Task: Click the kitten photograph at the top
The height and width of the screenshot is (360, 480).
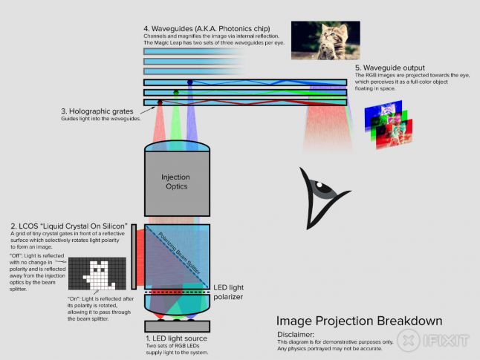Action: [x=325, y=40]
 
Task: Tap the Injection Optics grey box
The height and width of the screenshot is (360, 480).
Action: [x=178, y=184]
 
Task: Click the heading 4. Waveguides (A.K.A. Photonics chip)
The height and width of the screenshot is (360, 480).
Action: [x=207, y=29]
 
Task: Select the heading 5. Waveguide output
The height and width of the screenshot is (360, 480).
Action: [x=390, y=68]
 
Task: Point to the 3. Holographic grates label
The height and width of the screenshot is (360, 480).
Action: [x=97, y=111]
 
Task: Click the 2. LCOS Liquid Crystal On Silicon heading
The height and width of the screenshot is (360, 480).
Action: [x=69, y=226]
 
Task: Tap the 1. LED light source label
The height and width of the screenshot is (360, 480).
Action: [x=177, y=338]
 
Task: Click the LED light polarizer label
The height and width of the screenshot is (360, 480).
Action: [x=228, y=292]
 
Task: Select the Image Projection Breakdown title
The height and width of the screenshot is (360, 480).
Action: [x=360, y=321]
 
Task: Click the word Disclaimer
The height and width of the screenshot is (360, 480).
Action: [x=296, y=335]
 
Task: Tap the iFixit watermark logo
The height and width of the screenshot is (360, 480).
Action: [x=433, y=341]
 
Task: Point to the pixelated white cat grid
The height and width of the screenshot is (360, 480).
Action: [x=97, y=273]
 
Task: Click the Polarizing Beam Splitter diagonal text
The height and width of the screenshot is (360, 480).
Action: [x=179, y=253]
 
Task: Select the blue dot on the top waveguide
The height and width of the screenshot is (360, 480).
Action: [x=189, y=82]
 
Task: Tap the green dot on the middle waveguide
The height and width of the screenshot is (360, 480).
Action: [x=175, y=92]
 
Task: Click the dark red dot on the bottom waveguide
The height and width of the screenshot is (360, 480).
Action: [x=160, y=102]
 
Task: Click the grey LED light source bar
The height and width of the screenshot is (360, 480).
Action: [x=178, y=327]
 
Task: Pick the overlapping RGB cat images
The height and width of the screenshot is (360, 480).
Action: [x=388, y=125]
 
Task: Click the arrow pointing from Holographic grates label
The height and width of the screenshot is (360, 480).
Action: [x=147, y=111]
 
